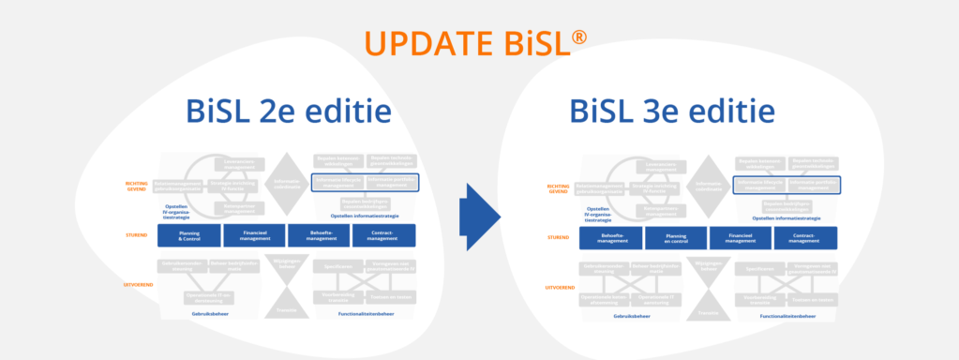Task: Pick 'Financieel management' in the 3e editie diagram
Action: (742, 238)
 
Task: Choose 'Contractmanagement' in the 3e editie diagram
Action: (805, 238)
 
